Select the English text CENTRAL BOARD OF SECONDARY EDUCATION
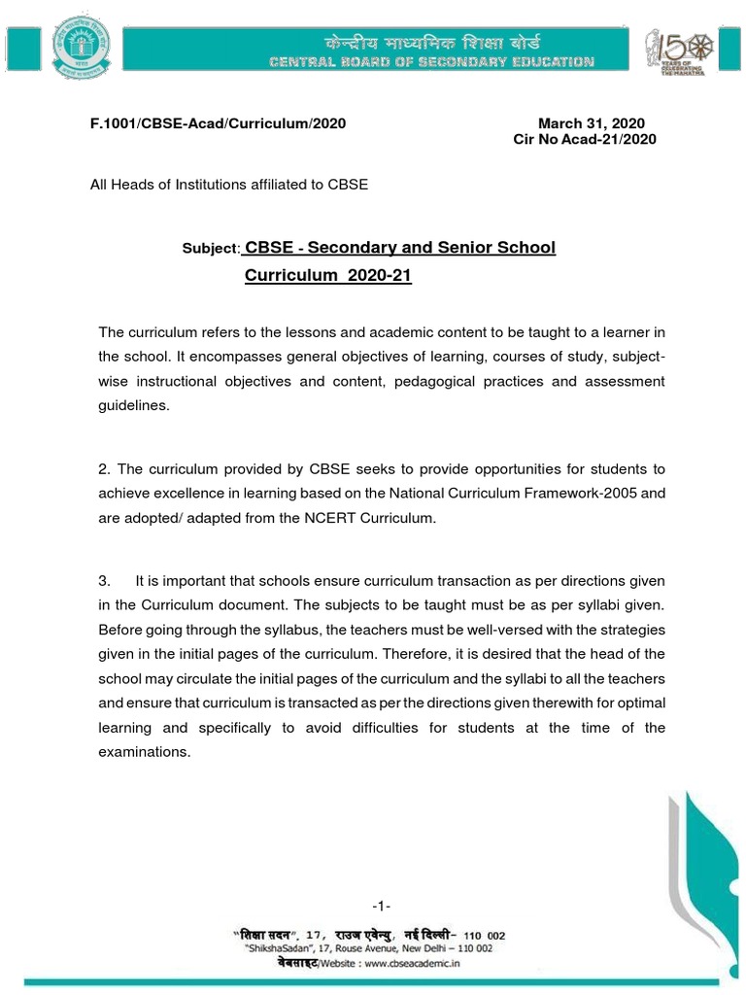432,63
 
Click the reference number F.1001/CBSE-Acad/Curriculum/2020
219,124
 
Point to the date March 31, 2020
592,124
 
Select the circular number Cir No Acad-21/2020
585,140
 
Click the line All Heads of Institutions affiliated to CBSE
229,184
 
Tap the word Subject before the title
211,249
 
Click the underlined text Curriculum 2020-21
328,276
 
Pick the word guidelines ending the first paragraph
134,407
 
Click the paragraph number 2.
104,469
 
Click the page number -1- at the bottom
381,906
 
